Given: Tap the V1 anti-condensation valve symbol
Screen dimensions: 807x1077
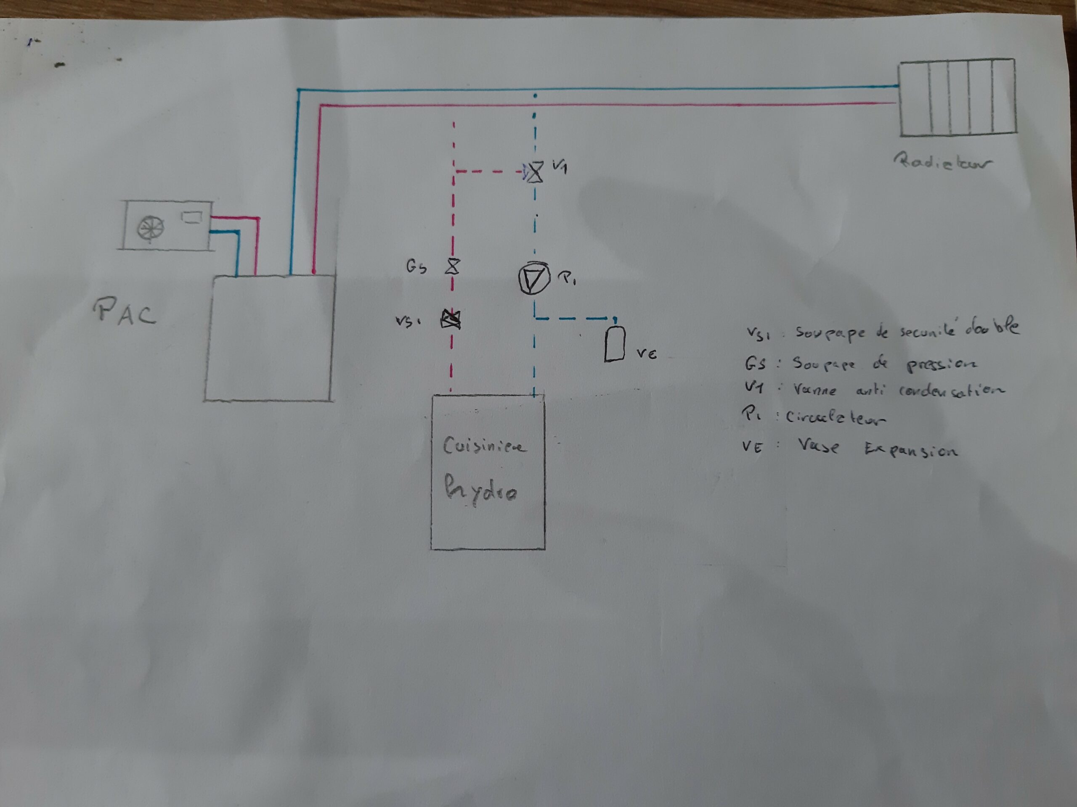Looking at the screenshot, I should click(x=536, y=172).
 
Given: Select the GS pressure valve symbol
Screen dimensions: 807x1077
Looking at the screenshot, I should click(x=452, y=266).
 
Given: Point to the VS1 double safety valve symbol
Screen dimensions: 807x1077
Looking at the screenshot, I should click(x=451, y=319).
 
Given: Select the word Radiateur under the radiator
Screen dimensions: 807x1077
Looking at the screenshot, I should click(x=942, y=161).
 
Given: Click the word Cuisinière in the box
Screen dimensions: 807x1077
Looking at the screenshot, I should click(x=483, y=446).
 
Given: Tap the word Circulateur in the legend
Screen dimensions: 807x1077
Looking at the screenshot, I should click(x=835, y=417).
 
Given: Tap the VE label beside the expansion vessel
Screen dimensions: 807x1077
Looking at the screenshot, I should click(x=647, y=353).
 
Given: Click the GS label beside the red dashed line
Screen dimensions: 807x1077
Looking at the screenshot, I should click(x=416, y=266).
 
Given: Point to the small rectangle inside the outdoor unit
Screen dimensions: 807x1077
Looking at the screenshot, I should click(x=191, y=217).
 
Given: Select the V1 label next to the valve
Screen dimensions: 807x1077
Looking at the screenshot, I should click(x=560, y=166).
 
